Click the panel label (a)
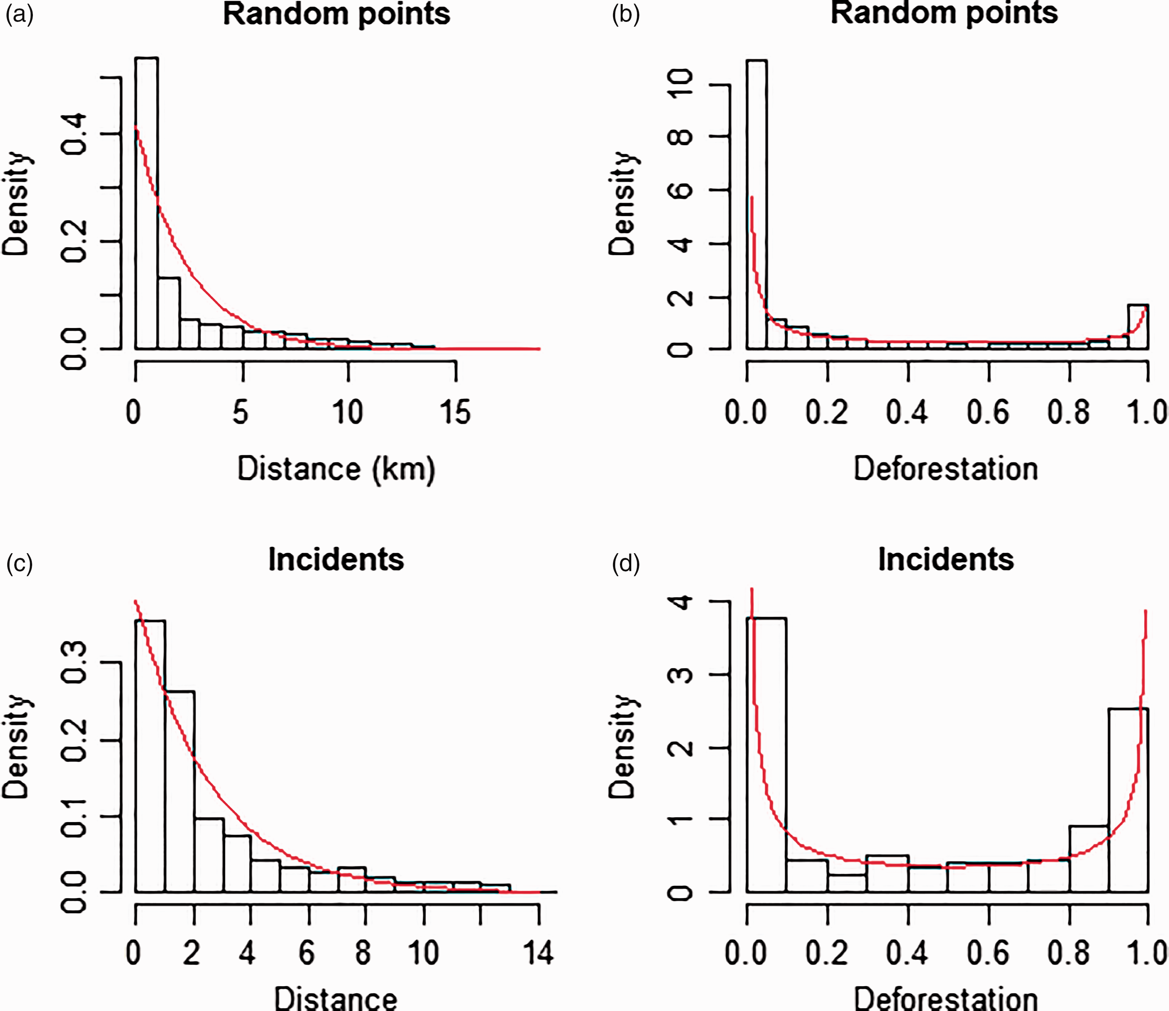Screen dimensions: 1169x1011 19,14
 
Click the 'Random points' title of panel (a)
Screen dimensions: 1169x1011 337,14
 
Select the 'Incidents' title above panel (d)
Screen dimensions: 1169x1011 946,560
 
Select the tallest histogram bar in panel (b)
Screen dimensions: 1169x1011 757,204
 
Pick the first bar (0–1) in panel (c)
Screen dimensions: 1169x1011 150,756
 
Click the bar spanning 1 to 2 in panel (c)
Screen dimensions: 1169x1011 180,791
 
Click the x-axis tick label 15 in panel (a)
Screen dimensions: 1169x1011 455,413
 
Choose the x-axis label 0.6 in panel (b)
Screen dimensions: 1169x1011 989,413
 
